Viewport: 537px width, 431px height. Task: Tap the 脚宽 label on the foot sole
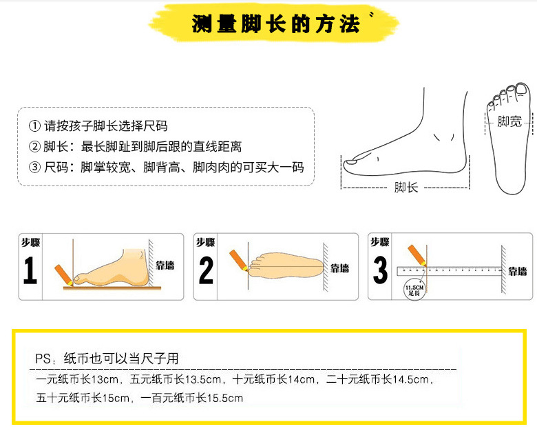click(509, 122)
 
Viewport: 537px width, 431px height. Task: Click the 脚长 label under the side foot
click(406, 187)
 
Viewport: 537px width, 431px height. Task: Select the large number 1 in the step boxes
click(30, 271)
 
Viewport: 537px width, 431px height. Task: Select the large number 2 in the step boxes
click(206, 271)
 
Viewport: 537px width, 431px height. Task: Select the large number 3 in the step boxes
click(380, 271)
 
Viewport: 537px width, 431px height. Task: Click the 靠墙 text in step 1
click(165, 266)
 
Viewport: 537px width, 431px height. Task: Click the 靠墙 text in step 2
click(340, 268)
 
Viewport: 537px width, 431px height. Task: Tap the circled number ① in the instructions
click(34, 127)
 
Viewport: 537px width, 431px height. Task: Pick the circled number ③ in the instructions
click(34, 168)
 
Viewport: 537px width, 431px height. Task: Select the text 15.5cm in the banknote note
click(226, 398)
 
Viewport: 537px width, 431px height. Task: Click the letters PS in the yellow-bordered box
click(43, 359)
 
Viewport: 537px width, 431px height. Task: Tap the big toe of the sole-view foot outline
click(524, 91)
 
